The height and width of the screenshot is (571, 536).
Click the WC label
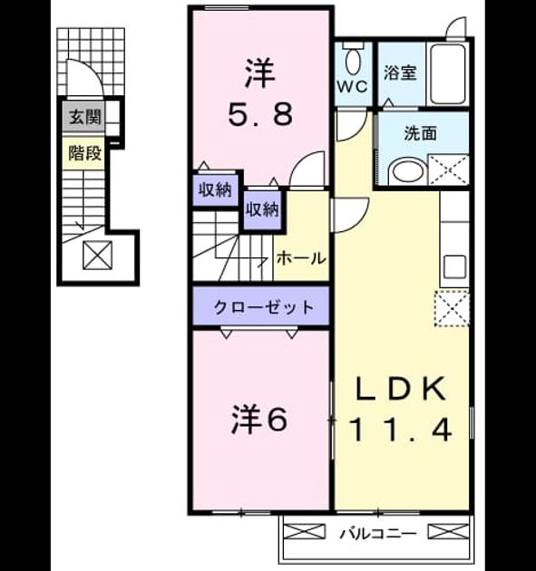352,87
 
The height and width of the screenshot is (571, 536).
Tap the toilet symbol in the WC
353,59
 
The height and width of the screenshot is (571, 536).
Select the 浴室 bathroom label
400,73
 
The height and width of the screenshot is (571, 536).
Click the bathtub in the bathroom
448,74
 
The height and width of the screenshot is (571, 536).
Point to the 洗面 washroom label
421,133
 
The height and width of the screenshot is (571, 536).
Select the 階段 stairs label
85,153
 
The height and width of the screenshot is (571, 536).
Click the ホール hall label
301,258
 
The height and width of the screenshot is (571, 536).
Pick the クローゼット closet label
263,307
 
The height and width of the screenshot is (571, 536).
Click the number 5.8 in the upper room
260,114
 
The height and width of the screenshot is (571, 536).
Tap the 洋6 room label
259,420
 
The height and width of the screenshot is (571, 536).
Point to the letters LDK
401,389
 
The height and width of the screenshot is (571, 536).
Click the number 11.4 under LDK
401,429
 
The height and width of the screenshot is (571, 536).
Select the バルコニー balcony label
377,534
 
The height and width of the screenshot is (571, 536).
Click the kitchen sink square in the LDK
454,266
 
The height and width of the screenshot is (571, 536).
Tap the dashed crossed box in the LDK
452,309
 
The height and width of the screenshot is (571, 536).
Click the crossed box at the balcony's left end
304,531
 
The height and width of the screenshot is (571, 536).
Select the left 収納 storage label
215,189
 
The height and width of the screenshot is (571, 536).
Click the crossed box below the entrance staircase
98,255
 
